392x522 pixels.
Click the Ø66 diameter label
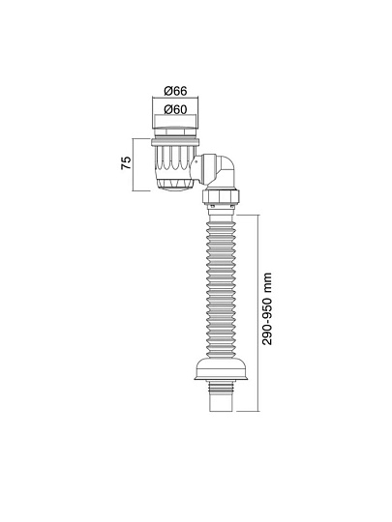175,91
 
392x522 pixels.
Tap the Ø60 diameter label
175,109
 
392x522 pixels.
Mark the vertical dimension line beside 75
137,165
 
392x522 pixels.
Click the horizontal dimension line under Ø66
175,100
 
